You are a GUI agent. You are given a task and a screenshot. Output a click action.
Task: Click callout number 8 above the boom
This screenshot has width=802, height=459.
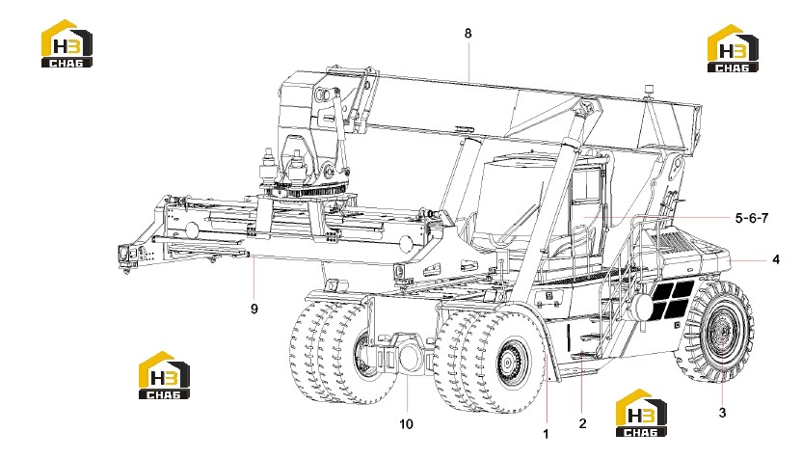(x=468, y=34)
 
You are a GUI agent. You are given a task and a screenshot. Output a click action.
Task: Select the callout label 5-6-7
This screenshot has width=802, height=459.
(x=751, y=218)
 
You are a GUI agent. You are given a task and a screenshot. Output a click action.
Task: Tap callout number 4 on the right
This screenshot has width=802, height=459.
(x=775, y=259)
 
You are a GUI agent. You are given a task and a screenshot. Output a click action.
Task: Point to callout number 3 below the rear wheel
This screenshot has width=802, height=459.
(x=722, y=413)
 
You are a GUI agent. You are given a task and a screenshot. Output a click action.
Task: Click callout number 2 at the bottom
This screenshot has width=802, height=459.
(x=582, y=423)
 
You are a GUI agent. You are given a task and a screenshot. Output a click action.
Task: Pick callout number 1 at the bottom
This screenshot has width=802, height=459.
(x=546, y=434)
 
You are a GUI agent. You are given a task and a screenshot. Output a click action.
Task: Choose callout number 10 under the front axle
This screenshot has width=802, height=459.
(x=406, y=424)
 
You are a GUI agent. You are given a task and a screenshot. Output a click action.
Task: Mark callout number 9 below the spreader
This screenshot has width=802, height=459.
(x=254, y=310)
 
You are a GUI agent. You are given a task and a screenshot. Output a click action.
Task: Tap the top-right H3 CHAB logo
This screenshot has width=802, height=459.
(x=733, y=48)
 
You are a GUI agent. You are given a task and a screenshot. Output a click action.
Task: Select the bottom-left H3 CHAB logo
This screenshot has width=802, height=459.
(x=164, y=375)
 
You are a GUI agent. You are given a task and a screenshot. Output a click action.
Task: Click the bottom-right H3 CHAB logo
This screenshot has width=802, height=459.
(x=641, y=413)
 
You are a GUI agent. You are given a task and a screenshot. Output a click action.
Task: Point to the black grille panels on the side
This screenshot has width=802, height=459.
(x=671, y=299)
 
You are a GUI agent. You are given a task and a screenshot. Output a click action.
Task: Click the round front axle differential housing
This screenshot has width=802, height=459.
(x=411, y=357)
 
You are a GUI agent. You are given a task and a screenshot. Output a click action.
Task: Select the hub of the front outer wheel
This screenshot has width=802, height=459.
(x=508, y=363)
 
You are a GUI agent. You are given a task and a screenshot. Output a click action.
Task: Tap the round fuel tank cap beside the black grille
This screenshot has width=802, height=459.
(x=643, y=306)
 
